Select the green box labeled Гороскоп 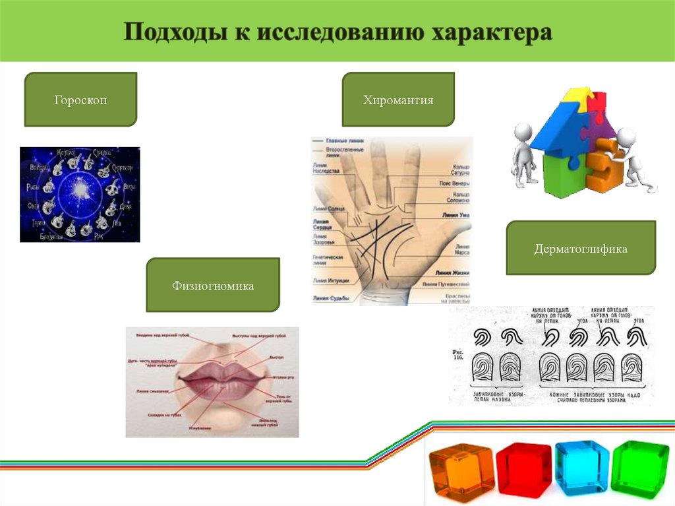point(80,100)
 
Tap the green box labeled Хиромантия point(397,100)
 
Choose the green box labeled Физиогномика point(212,286)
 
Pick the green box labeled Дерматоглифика point(580,249)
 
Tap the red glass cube point(523,469)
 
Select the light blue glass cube point(581,466)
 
